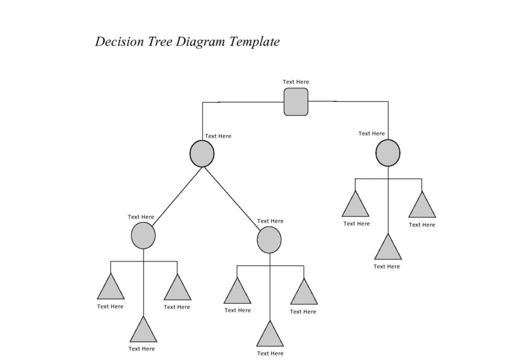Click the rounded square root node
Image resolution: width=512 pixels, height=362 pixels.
coord(296,102)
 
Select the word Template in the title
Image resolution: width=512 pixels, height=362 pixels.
coord(255,42)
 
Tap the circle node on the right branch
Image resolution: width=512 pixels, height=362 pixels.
coord(387,153)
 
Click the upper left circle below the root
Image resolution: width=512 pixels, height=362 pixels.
coord(202,154)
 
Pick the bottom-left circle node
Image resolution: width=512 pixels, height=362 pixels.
coord(143,236)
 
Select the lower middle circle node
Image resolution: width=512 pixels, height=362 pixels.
coord(269,240)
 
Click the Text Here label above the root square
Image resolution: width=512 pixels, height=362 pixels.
coord(296,82)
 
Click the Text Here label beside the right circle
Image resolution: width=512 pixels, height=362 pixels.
coord(372,134)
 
